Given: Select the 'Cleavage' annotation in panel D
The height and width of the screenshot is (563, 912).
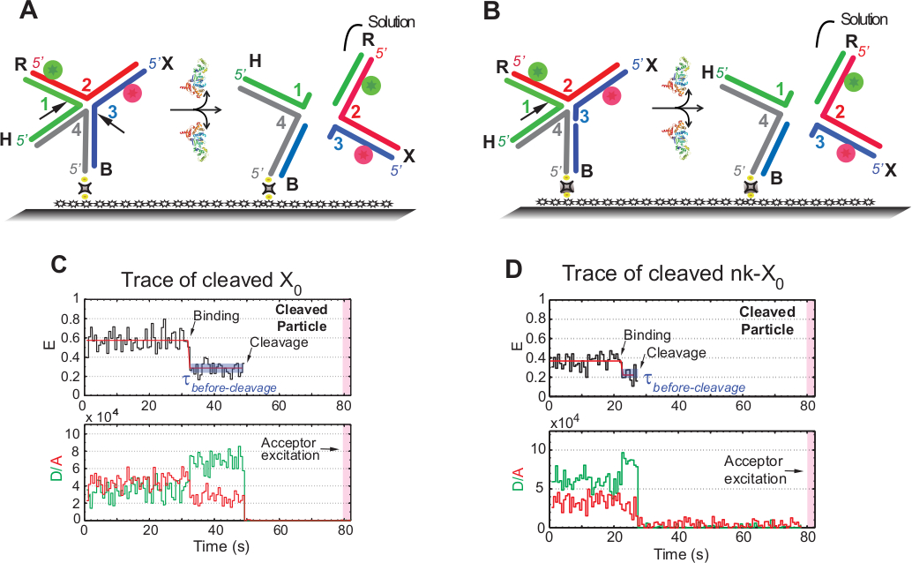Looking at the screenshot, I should click(671, 352).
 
